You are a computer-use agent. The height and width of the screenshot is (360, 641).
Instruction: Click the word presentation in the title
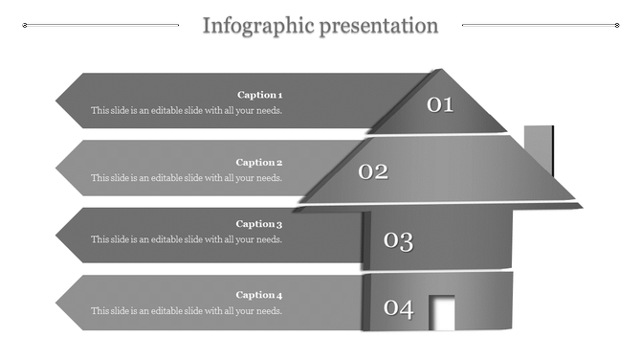379,26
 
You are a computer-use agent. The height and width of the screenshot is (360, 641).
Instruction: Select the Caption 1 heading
259,95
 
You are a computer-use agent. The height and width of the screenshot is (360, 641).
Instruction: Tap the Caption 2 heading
259,163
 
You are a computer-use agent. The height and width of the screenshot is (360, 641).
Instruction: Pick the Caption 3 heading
259,224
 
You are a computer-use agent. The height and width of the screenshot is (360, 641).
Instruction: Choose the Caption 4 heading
259,295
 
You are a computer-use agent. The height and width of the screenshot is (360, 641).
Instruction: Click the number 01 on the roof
440,104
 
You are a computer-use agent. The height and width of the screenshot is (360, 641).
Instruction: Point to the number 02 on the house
373,171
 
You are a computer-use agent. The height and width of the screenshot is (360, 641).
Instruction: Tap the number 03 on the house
398,240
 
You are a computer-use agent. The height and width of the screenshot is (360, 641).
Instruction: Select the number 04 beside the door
398,308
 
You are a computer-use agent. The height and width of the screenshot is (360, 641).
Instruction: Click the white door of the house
443,313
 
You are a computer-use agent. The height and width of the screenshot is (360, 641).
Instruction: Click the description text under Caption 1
187,110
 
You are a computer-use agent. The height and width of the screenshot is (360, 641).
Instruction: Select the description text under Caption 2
187,178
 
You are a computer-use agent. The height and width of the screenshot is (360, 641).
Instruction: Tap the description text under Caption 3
187,239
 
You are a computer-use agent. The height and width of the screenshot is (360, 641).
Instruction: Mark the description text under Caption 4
187,310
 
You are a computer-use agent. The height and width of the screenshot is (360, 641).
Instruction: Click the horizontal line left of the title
100,26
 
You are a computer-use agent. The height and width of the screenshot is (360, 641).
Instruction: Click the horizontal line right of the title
539,26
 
